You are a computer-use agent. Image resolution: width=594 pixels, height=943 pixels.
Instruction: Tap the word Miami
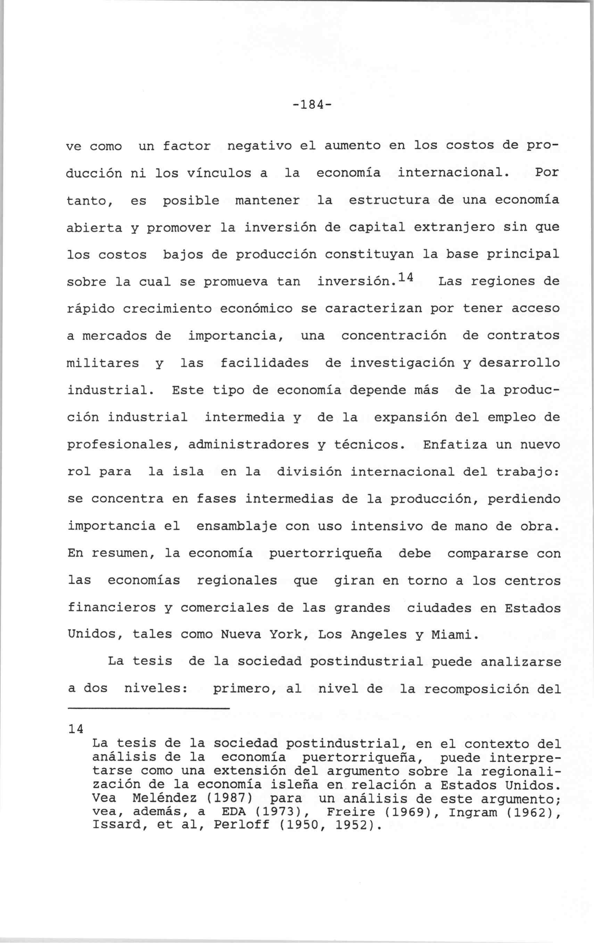tap(455, 635)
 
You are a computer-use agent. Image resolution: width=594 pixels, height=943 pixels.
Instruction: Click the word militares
tap(103, 363)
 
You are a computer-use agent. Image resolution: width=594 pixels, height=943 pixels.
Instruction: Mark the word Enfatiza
tap(455, 445)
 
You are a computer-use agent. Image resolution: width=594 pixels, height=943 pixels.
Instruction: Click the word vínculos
tap(219, 173)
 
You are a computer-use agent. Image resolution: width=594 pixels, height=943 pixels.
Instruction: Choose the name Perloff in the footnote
tap(241, 825)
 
